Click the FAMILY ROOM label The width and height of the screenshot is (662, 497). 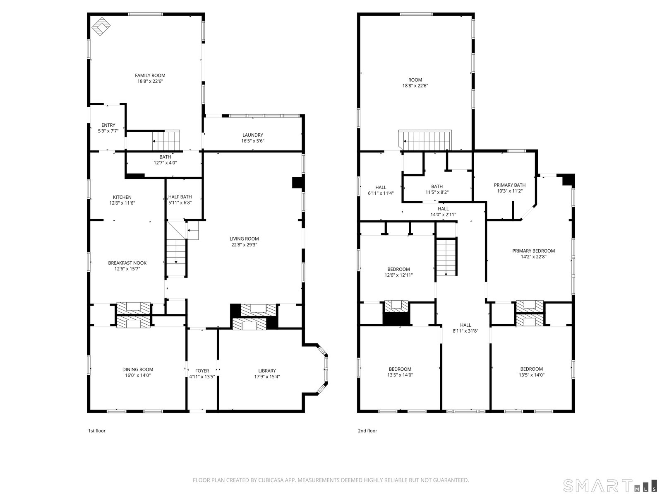150,75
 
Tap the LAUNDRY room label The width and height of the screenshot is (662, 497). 253,135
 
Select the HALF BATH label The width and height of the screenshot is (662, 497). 180,197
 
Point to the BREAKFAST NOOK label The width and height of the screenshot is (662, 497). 127,263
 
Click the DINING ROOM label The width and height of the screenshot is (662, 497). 138,369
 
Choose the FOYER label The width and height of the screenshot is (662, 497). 202,371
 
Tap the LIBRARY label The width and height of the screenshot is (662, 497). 267,371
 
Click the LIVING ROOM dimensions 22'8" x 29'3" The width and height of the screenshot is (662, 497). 244,245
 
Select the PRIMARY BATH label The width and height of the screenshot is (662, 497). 510,185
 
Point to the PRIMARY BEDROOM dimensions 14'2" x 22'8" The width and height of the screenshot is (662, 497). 533,257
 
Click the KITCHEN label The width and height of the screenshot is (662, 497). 122,197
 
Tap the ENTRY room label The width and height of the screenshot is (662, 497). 108,125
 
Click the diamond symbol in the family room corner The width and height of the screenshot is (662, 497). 101,27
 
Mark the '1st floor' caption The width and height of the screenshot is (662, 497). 97,431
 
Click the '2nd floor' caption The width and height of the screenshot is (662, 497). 367,431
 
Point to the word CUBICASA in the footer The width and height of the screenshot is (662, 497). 271,480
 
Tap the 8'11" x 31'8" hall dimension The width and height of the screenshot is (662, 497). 465,331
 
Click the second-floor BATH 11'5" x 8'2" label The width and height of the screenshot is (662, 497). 437,189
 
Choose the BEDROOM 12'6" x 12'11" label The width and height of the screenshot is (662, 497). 398,272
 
